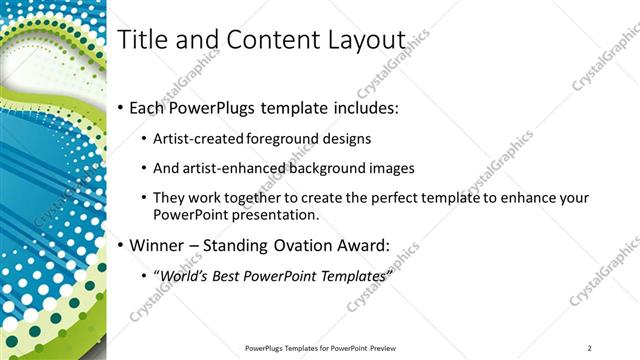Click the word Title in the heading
[x=142, y=40]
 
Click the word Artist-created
[x=196, y=139]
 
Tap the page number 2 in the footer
[x=590, y=347]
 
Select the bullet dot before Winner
[x=122, y=246]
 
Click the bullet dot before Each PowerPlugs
[x=122, y=108]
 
